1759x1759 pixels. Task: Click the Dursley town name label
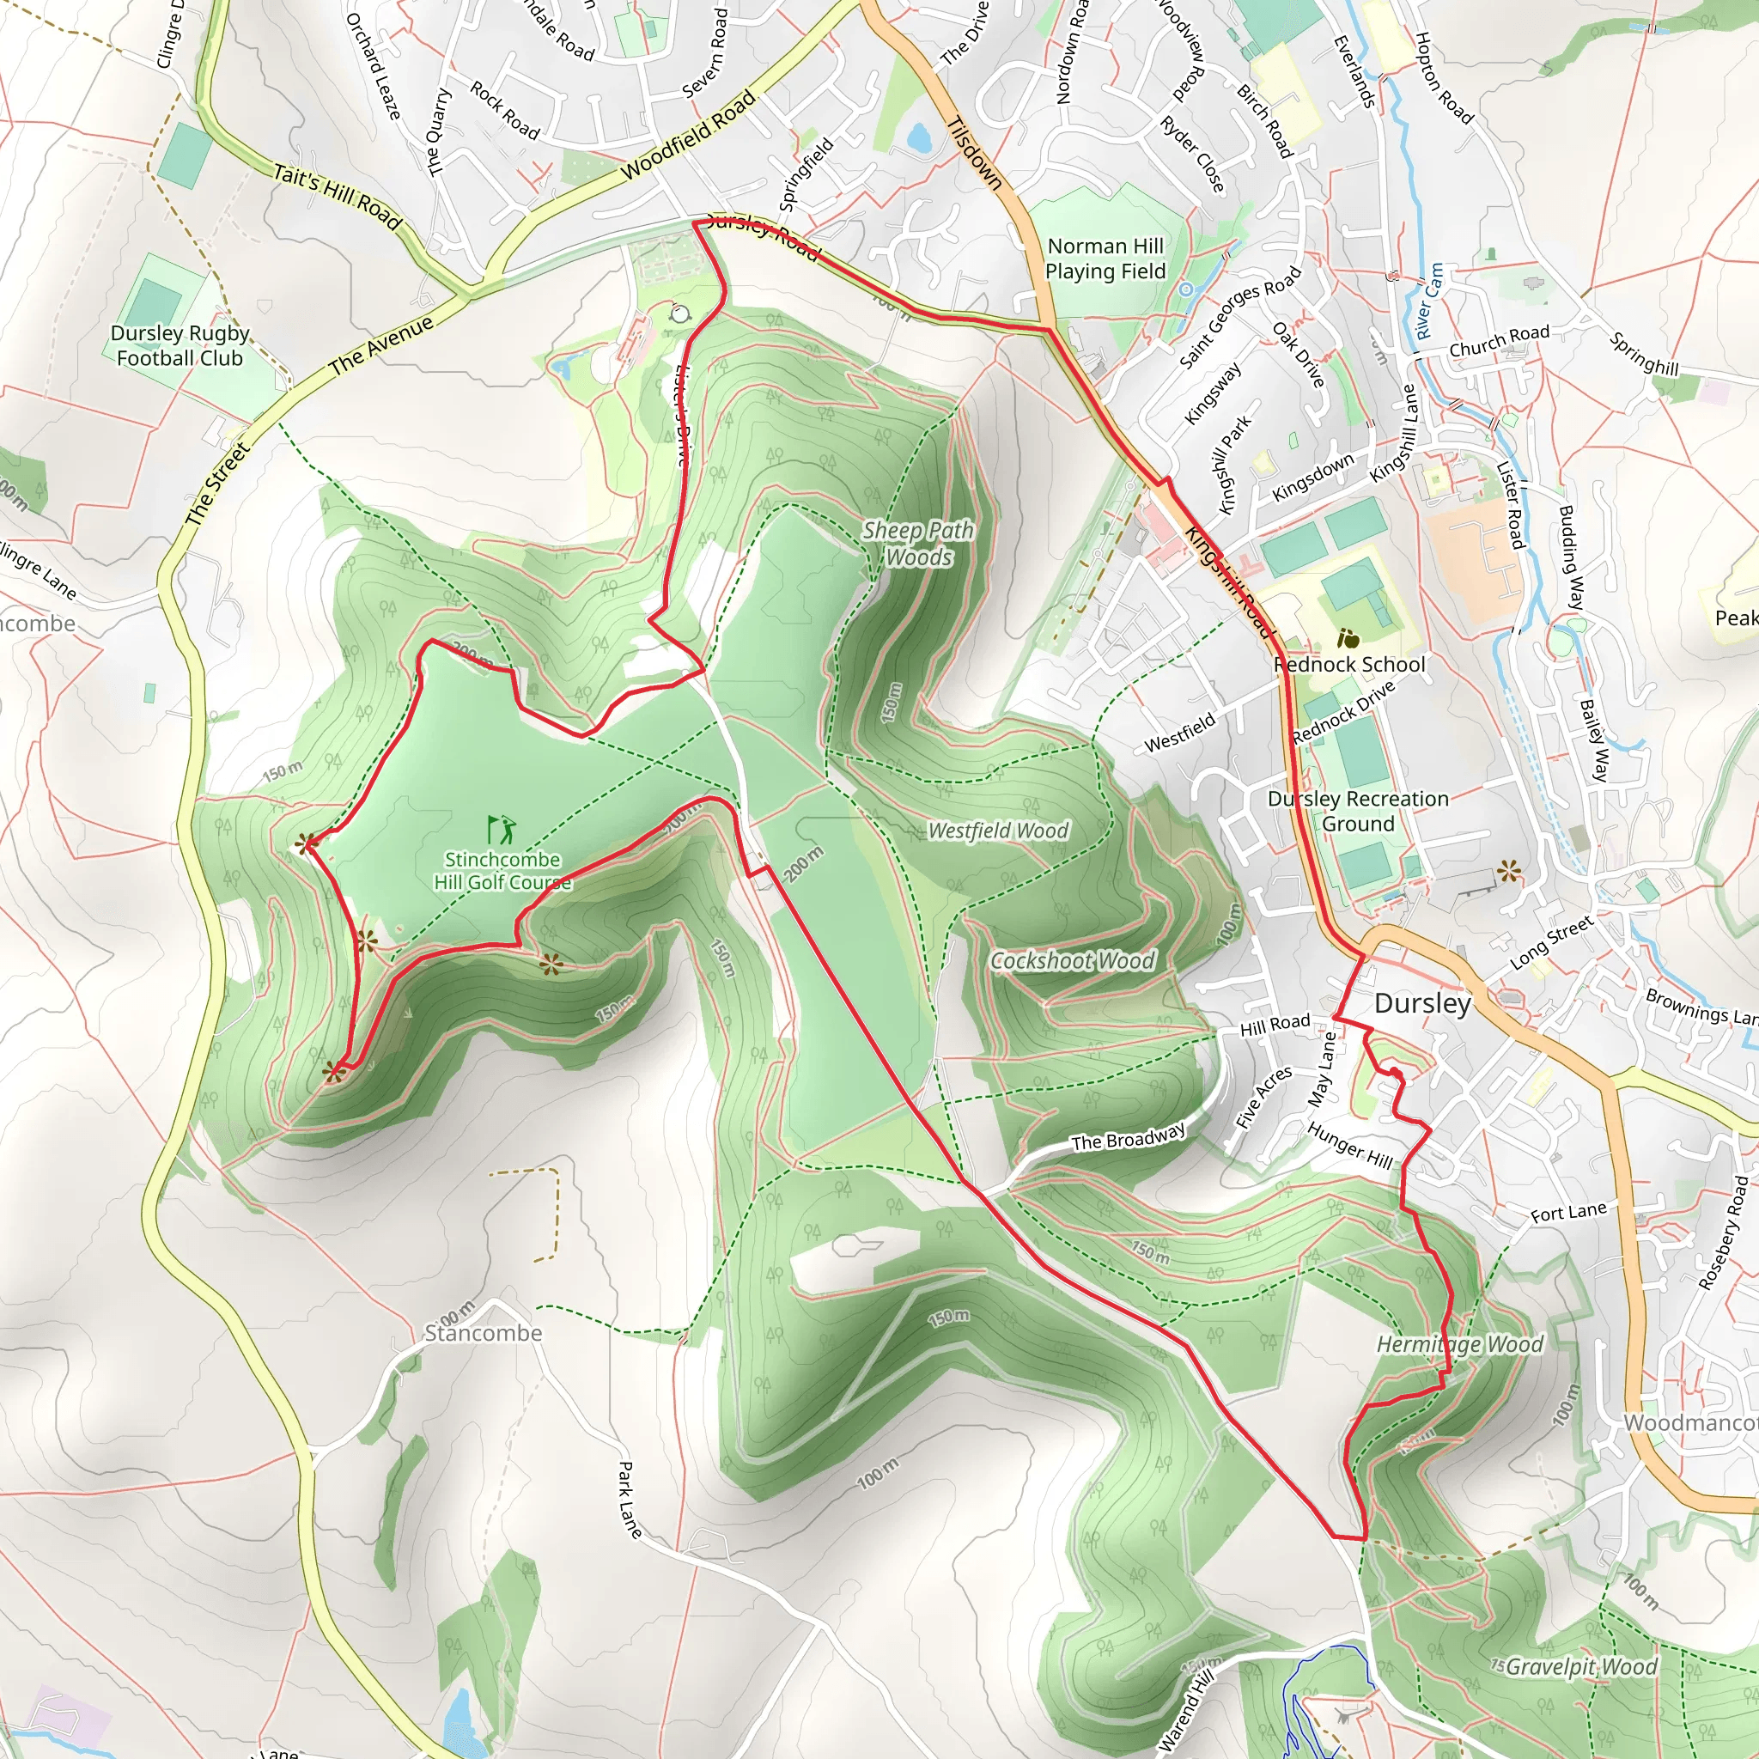click(x=1422, y=1003)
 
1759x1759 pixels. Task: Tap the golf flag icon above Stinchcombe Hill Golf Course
click(x=501, y=830)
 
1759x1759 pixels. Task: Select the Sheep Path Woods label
click(x=918, y=544)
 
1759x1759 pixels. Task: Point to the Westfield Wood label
click(x=998, y=831)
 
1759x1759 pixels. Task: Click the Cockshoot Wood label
click(x=1073, y=960)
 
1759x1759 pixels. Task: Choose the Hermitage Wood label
click(x=1459, y=1345)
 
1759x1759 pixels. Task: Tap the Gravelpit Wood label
click(x=1580, y=1667)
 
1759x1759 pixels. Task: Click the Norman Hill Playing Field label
click(x=1105, y=259)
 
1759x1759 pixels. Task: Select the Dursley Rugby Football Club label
click(x=180, y=346)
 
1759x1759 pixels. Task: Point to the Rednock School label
click(x=1349, y=665)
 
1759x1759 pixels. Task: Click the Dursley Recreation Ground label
click(x=1358, y=811)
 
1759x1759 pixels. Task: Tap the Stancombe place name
click(x=484, y=1334)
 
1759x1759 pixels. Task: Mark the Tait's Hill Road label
click(x=338, y=197)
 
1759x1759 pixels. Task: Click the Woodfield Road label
click(x=688, y=136)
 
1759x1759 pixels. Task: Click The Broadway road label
click(x=1128, y=1138)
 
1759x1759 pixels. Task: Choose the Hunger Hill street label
click(x=1349, y=1147)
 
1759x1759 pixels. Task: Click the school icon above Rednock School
click(x=1348, y=638)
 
